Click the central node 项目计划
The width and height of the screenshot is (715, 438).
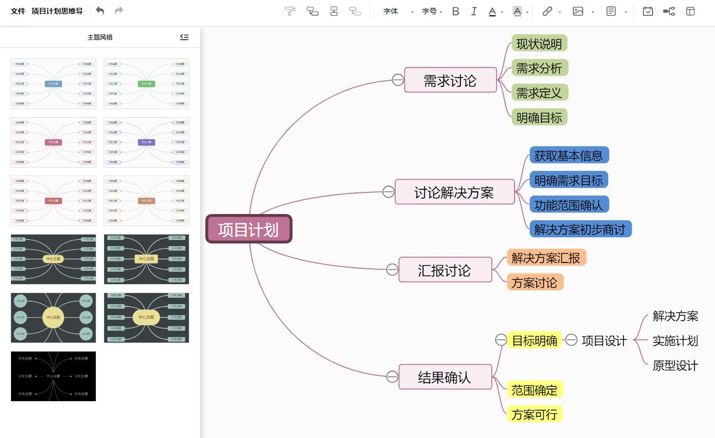coord(248,229)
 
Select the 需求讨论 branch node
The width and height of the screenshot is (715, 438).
coord(450,80)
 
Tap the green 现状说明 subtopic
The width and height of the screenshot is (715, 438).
coord(539,44)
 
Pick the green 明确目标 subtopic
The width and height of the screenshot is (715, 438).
coord(539,117)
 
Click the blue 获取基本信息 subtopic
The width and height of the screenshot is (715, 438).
coord(568,155)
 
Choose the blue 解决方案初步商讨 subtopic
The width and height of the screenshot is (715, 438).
coord(580,229)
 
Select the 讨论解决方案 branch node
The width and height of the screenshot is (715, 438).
coord(454,192)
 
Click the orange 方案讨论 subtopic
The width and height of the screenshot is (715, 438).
coord(534,283)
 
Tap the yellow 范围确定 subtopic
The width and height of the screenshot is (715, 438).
coord(534,390)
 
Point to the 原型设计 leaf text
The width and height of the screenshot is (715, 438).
coord(675,365)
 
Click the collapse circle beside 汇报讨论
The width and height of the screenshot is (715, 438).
coord(392,270)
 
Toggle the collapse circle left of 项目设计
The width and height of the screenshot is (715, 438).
coord(571,340)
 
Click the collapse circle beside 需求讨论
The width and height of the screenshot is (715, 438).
coord(398,80)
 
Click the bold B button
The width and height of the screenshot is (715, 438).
coord(456,11)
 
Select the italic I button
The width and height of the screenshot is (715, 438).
coord(474,11)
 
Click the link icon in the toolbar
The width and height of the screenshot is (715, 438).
coord(547,11)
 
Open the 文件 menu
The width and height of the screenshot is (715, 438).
coord(18,11)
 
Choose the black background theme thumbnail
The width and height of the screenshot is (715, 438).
coord(53,376)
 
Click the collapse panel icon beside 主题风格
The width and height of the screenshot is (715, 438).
coord(184,37)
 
